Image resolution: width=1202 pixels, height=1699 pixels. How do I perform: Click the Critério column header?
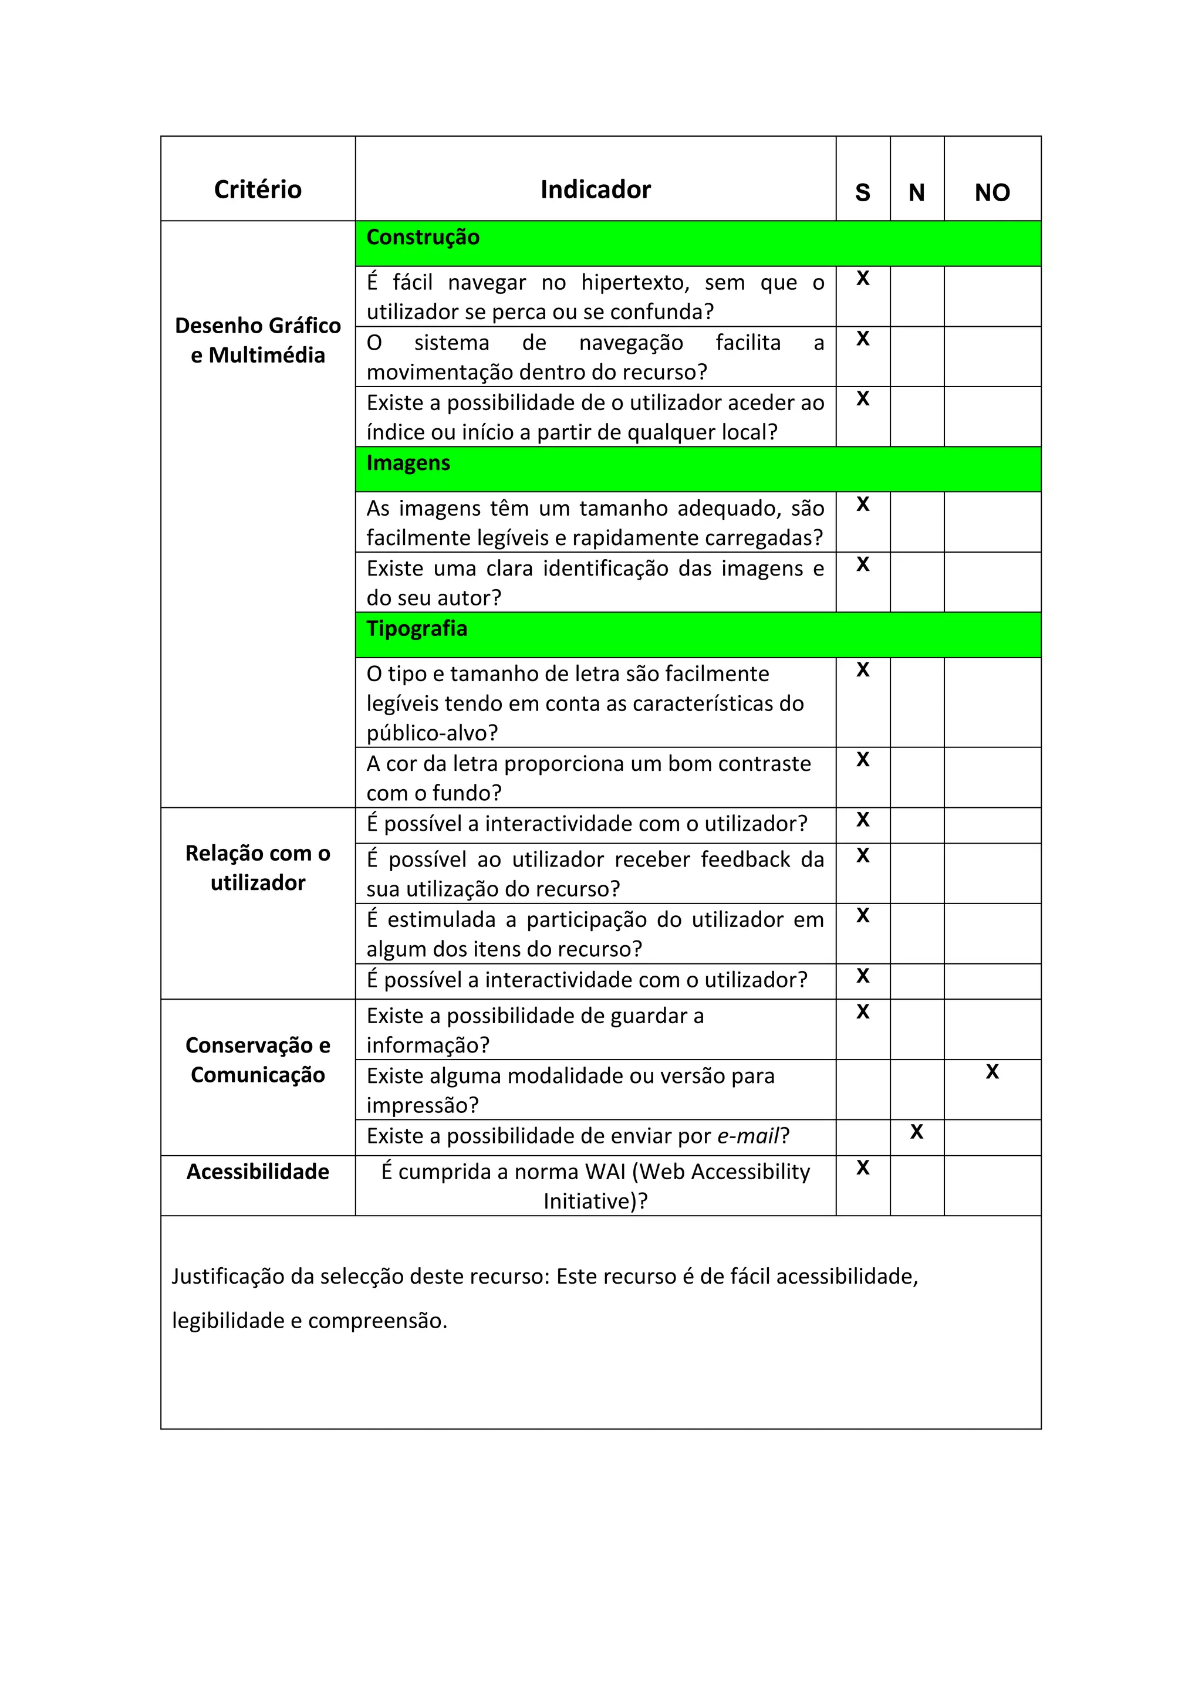258,189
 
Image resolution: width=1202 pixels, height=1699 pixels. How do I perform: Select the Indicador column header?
595,189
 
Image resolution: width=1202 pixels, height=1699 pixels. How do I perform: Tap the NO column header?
992,192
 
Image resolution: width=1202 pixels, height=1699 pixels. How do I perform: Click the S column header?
862,192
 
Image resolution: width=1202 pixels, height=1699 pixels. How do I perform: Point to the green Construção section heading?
423,238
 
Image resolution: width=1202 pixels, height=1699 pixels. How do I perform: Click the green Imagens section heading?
408,463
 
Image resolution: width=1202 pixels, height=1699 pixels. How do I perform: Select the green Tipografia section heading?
417,629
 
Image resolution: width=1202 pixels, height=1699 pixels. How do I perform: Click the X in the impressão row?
992,1071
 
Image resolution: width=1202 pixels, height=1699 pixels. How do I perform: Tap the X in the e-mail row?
916,1132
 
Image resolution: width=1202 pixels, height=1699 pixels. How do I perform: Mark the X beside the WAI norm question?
862,1167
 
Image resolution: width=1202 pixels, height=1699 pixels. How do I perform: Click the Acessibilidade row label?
258,1172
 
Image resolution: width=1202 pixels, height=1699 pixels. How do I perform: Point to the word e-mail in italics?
748,1136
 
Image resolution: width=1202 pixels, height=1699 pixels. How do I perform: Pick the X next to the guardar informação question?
862,1011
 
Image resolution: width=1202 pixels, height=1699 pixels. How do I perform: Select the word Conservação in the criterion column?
249,1045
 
